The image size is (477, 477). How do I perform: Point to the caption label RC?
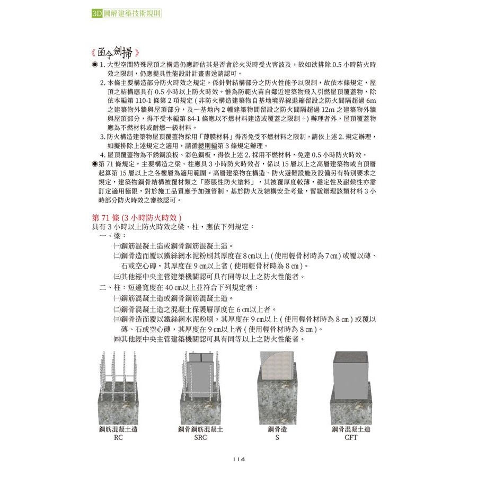118,439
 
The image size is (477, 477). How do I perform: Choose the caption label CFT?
350,439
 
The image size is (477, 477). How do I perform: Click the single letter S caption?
277,439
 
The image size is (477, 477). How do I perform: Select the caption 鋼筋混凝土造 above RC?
118,429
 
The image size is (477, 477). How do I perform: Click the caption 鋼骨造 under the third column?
277,429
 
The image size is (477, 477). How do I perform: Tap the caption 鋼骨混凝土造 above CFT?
350,429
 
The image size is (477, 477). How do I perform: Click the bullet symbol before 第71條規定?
94,164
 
